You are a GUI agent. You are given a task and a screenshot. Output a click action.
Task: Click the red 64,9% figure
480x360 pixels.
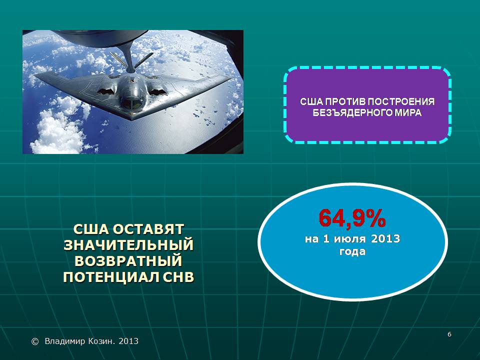click(352, 218)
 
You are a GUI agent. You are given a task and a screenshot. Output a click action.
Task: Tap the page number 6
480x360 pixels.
click(449, 334)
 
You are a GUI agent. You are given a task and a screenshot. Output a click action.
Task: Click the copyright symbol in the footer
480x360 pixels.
click(35, 341)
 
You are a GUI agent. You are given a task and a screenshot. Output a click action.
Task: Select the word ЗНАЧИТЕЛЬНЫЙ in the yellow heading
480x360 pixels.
click(128, 245)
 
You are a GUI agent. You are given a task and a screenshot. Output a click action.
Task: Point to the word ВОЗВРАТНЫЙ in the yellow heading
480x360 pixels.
click(128, 261)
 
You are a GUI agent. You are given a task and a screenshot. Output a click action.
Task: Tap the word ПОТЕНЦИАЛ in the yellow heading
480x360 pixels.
click(111, 276)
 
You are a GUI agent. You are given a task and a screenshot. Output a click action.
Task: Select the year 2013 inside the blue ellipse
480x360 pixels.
click(385, 238)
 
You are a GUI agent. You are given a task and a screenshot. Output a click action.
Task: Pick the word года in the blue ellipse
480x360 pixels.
click(352, 251)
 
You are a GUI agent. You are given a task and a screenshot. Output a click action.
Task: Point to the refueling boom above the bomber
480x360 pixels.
click(128, 56)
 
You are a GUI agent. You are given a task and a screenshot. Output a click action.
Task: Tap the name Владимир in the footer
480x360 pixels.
click(64, 341)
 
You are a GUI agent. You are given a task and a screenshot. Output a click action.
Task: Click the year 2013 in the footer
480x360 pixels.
click(128, 341)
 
